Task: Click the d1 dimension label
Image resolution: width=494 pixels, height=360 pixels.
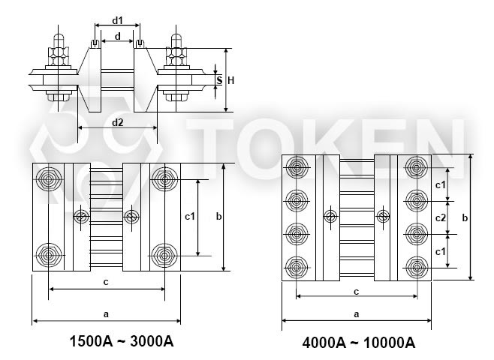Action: pyautogui.click(x=117, y=21)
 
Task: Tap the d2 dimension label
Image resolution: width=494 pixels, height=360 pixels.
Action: pyautogui.click(x=118, y=122)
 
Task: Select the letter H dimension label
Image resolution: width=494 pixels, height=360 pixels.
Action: pyautogui.click(x=231, y=80)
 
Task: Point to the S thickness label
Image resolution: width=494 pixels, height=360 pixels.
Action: pyautogui.click(x=219, y=80)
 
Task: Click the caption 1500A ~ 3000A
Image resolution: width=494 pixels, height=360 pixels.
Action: pyautogui.click(x=122, y=341)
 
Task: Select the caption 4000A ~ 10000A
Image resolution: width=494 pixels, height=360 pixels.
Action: pyautogui.click(x=359, y=343)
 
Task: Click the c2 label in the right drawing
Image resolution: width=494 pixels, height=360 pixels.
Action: pyautogui.click(x=441, y=217)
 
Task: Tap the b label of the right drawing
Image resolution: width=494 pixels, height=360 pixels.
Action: pyautogui.click(x=465, y=217)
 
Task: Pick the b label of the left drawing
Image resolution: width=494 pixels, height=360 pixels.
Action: pyautogui.click(x=218, y=216)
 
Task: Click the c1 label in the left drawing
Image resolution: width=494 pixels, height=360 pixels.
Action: pyautogui.click(x=190, y=216)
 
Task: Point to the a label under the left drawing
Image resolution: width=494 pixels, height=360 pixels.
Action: pyautogui.click(x=106, y=313)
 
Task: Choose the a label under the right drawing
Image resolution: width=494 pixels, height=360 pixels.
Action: pyautogui.click(x=357, y=313)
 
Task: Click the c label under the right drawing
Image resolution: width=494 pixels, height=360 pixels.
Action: pyautogui.click(x=357, y=292)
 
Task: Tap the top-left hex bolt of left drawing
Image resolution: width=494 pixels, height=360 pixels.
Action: pyautogui.click(x=48, y=179)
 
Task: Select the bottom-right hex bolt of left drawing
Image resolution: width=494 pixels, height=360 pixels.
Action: pyautogui.click(x=164, y=256)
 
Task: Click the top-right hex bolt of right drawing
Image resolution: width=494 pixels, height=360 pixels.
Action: pyautogui.click(x=417, y=167)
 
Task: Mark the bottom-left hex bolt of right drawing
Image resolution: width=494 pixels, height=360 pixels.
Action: pyautogui.click(x=296, y=268)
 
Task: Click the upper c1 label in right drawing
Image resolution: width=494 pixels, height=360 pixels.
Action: pyautogui.click(x=441, y=185)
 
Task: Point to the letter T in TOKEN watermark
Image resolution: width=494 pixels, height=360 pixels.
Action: pyautogui.click(x=210, y=148)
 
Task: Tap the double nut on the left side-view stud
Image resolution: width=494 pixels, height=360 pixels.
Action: pyautogui.click(x=59, y=56)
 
